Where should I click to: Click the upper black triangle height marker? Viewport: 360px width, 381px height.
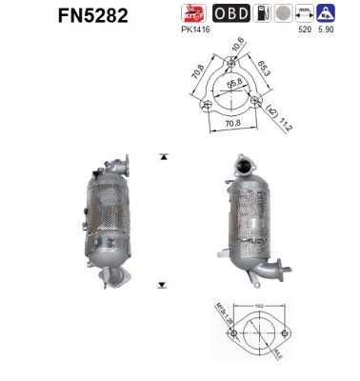click(164, 154)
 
